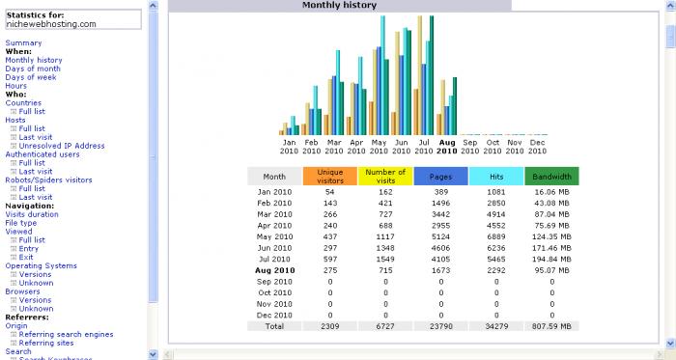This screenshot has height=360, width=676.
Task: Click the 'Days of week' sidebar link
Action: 31,77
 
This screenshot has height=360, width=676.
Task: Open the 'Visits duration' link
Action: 32,214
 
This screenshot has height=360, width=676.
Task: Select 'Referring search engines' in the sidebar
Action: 66,334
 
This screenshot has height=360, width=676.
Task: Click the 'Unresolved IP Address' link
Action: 62,146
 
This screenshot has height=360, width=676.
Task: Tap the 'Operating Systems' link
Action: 41,265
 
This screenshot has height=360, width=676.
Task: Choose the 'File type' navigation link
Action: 20,223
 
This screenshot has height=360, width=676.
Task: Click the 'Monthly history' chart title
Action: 339,5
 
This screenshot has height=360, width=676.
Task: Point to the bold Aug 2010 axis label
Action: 446,147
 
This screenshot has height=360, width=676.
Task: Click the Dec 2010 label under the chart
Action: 537,147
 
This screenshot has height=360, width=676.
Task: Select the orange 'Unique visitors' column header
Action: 330,177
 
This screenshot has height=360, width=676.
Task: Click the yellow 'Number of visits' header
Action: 385,177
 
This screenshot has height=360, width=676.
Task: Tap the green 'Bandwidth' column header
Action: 551,177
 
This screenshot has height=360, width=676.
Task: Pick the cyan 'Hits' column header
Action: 496,177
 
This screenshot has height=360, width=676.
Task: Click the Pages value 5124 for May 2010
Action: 440,236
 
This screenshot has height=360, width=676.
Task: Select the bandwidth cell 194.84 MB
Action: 551,260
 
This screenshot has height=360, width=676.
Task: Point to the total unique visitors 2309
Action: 330,326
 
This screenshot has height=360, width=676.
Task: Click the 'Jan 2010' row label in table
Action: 274,192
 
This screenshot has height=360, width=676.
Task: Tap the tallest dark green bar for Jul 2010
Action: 432,75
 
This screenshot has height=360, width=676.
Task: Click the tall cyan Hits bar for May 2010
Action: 382,75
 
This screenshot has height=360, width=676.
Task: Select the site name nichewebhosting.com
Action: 51,24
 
